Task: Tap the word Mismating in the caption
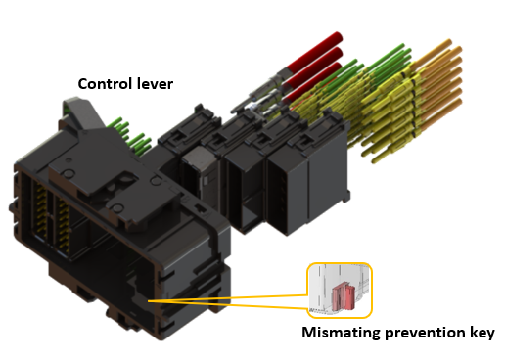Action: point(340,334)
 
